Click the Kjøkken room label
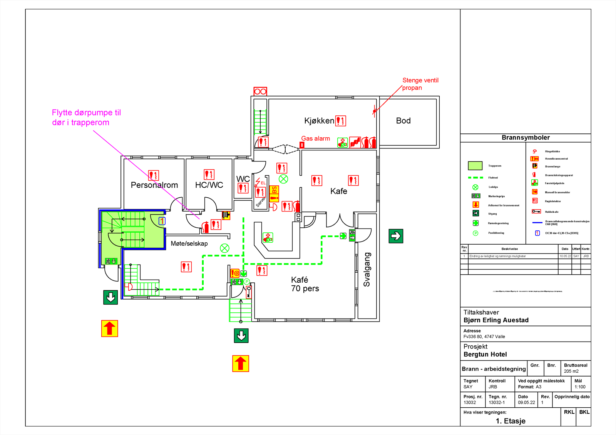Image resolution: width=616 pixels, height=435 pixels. (319, 121)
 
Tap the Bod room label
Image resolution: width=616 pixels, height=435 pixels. (403, 121)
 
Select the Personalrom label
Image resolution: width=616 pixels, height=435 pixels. (154, 185)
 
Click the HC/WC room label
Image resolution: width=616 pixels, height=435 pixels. (209, 185)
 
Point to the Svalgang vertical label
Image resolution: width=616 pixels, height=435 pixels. (367, 269)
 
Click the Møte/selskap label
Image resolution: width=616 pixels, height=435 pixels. (189, 243)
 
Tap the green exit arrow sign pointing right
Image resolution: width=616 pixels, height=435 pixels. (396, 236)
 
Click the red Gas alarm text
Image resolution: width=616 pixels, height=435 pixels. (315, 138)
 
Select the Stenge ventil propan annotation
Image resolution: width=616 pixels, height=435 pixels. (420, 84)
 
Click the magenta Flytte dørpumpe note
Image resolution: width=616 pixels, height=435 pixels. (86, 117)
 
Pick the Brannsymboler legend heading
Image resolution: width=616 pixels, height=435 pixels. (526, 138)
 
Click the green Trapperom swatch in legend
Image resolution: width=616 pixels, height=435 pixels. (475, 166)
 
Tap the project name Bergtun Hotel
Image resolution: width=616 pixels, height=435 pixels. (485, 354)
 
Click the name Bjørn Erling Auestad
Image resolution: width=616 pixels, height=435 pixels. (496, 320)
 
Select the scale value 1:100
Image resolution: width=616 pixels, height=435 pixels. (580, 387)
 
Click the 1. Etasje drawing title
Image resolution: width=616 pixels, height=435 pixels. (511, 421)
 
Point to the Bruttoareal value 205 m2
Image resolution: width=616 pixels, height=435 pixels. (571, 371)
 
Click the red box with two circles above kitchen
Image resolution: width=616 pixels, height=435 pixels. (260, 92)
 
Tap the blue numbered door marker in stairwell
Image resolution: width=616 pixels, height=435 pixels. (162, 221)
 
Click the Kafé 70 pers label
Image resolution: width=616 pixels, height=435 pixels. (305, 284)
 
